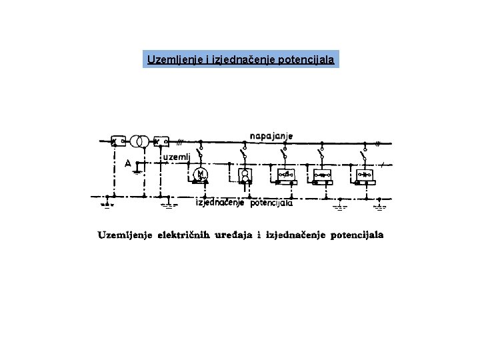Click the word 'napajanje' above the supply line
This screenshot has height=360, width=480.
coord(271,135)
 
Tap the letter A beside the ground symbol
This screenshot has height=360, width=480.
coord(127,163)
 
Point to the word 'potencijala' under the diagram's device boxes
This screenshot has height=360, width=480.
coord(271,204)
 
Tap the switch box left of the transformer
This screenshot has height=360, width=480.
coord(119,141)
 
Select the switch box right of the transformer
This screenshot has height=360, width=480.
coord(161,141)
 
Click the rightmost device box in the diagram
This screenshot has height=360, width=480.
coord(365,175)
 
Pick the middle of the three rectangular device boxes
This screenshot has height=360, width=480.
coord(323,175)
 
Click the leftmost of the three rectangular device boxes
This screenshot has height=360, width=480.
coord(283,175)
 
